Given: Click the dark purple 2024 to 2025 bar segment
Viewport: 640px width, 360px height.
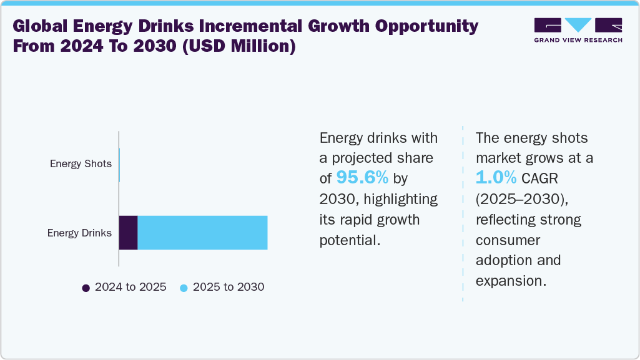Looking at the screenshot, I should [x=128, y=233].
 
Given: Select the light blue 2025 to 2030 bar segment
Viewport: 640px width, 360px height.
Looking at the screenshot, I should [x=202, y=233].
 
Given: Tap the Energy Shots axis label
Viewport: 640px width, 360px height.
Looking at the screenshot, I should [x=81, y=164].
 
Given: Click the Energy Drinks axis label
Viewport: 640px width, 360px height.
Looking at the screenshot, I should [x=79, y=233].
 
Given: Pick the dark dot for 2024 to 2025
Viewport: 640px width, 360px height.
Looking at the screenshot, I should [x=86, y=288].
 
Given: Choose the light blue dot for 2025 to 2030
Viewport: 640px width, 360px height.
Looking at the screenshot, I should [x=184, y=288].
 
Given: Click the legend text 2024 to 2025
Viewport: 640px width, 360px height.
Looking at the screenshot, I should [x=130, y=287].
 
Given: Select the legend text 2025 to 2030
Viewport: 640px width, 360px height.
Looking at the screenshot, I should [x=229, y=287].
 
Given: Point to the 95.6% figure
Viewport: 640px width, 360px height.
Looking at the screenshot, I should [x=362, y=178].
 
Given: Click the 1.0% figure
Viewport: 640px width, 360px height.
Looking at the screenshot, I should [x=496, y=178].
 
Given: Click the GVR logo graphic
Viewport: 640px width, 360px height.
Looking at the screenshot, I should [x=578, y=26].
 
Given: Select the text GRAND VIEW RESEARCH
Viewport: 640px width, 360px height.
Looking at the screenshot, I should [x=578, y=40].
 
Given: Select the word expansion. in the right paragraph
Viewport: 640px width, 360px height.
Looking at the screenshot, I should [x=511, y=280].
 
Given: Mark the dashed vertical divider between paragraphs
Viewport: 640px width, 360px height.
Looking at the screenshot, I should [x=463, y=212].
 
